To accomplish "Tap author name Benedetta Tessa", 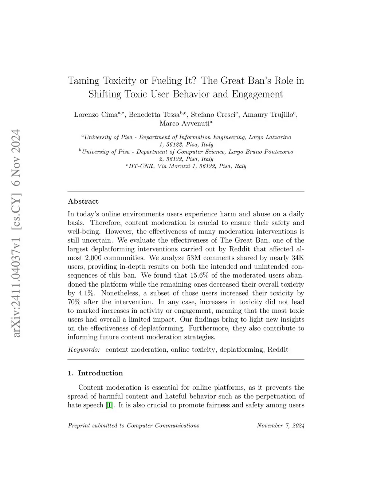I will coord(154,115).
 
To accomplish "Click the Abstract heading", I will coord(83,202).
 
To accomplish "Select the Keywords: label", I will coord(84,350).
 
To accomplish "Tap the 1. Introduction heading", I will coord(95,373).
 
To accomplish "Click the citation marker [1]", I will coord(109,405).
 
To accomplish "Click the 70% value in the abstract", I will coord(74,302).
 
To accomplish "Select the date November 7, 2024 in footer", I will coord(280,426).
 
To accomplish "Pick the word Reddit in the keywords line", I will coord(278,350).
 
